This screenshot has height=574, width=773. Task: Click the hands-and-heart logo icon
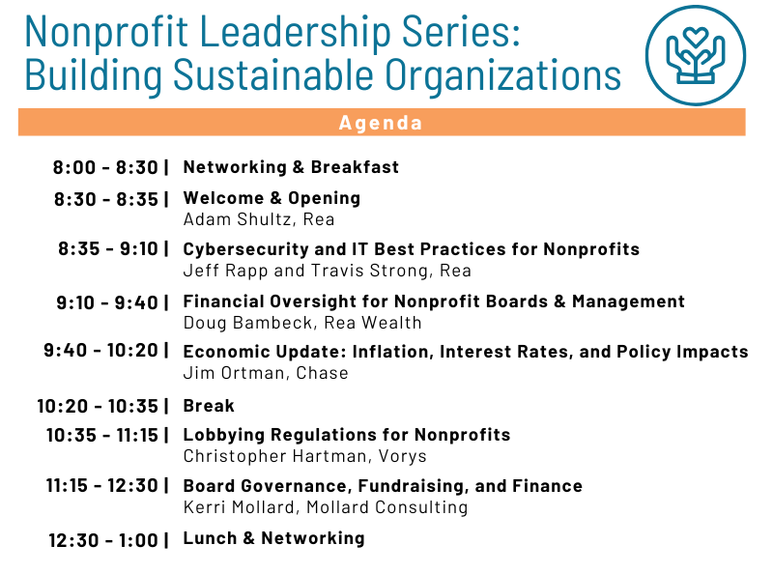(x=695, y=55)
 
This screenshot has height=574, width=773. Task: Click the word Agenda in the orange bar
(x=381, y=123)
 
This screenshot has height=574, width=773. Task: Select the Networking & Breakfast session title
(x=291, y=167)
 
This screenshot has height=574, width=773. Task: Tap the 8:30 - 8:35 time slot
(x=106, y=200)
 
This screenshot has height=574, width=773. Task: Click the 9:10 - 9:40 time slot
(x=107, y=302)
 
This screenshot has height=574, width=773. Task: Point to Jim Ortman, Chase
(x=266, y=373)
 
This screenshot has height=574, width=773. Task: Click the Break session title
(x=209, y=406)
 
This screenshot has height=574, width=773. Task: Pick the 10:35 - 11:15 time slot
(x=102, y=436)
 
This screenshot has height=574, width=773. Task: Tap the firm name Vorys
(x=402, y=457)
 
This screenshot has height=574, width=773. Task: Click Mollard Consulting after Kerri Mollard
(x=387, y=507)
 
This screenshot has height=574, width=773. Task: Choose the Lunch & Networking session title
(x=274, y=538)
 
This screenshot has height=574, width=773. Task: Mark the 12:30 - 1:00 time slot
(x=103, y=540)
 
